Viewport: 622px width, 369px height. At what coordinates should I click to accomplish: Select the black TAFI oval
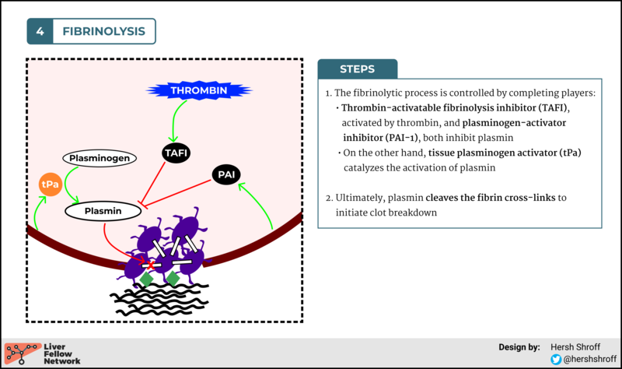pos(176,153)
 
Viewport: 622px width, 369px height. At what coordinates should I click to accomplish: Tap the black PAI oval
pos(226,175)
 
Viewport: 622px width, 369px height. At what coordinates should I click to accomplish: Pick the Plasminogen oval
pos(99,158)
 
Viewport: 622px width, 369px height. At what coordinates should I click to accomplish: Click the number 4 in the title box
pos(40,31)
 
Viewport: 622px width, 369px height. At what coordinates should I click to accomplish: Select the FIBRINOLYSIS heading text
pos(103,31)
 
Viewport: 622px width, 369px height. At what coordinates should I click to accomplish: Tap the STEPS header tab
pos(357,69)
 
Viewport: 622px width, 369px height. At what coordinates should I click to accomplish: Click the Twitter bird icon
pos(556,359)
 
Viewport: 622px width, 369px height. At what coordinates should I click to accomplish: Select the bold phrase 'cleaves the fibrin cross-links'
pos(490,198)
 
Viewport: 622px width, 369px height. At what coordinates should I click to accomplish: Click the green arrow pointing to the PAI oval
pos(258,204)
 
